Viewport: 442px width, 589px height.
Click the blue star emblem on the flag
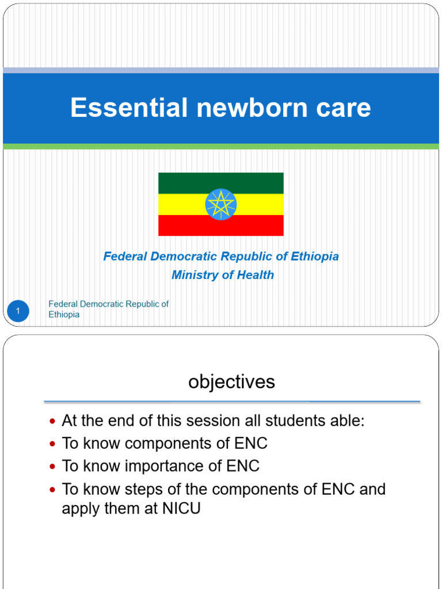[221, 204]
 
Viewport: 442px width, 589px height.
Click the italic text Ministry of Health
[223, 275]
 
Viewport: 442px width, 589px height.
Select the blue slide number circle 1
[18, 312]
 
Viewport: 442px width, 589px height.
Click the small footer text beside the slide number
[108, 309]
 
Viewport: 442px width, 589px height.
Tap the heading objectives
[231, 382]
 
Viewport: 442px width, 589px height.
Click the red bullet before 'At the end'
[53, 422]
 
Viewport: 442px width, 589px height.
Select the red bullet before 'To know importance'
[53, 466]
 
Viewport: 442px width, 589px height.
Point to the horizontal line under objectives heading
[232, 401]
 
